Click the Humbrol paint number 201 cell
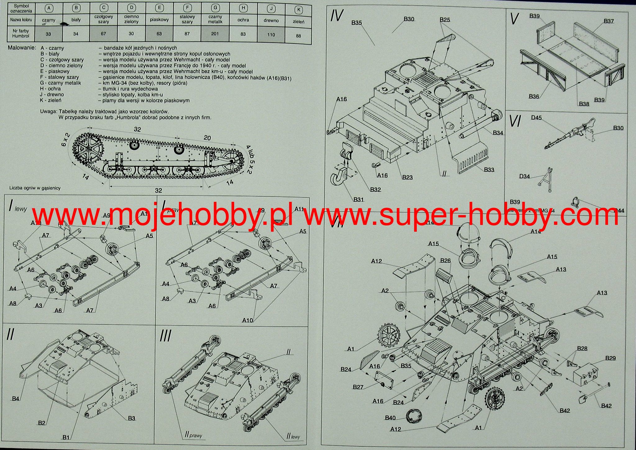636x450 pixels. click(x=215, y=34)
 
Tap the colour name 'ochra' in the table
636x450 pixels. click(x=243, y=20)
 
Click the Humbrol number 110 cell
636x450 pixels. click(x=271, y=35)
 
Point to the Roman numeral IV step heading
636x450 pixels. click(x=337, y=16)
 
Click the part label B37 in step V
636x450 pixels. click(x=609, y=21)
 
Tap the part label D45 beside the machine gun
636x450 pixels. click(x=536, y=118)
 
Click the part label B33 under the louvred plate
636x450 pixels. click(x=489, y=170)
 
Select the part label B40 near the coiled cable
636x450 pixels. click(x=390, y=418)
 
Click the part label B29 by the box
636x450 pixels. click(x=610, y=358)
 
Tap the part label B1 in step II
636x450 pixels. click(x=66, y=438)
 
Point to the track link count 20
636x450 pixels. click(x=207, y=138)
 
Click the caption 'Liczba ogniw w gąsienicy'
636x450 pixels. click(x=35, y=188)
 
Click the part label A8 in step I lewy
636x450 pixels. click(x=12, y=303)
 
